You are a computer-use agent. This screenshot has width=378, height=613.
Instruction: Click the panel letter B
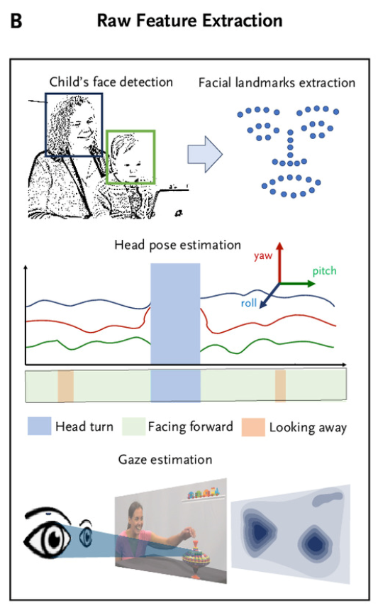point(16,21)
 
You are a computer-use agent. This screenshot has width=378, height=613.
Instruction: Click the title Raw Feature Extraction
point(189,21)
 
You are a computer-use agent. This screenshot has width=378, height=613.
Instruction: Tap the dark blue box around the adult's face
point(46,125)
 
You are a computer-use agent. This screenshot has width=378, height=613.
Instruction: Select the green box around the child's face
point(106,156)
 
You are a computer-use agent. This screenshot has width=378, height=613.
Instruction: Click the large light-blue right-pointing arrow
point(205,155)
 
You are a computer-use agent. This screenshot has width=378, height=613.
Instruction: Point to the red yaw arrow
point(279,262)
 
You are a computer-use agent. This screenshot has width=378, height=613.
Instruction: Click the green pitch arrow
point(297,283)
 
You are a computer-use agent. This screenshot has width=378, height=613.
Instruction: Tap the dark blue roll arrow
point(269,295)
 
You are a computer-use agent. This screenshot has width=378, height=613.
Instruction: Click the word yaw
point(262,256)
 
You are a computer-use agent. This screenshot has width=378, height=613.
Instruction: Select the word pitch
point(324,271)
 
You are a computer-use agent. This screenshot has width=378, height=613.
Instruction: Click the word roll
point(249,303)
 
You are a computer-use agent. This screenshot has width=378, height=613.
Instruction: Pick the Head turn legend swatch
point(39,426)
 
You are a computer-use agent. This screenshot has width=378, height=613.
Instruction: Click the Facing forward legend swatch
point(134,426)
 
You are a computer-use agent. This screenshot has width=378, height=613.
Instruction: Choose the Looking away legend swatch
point(253,427)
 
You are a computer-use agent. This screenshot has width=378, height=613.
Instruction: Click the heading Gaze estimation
point(165,459)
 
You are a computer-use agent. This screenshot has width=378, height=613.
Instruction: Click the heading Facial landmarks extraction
point(277,82)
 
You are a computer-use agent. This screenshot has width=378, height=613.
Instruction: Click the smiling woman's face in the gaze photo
point(135,516)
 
